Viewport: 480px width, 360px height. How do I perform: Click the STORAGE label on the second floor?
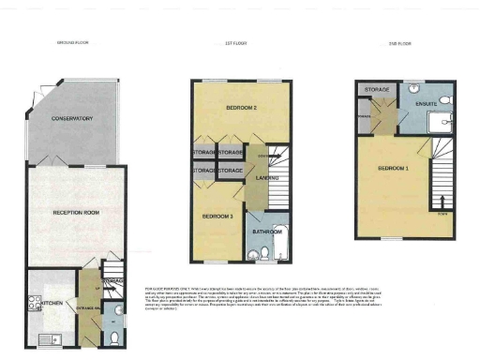tap(378, 90)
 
